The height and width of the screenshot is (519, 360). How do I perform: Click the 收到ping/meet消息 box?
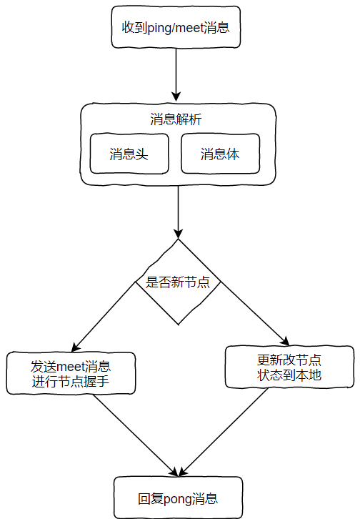pyautogui.click(x=176, y=27)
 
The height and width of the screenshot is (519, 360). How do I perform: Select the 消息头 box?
pyautogui.click(x=129, y=154)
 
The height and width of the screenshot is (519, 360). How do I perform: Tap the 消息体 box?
pyautogui.click(x=220, y=154)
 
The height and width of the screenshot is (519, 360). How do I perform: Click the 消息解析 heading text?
pyautogui.click(x=176, y=119)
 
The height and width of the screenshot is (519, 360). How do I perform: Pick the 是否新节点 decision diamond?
pyautogui.click(x=178, y=282)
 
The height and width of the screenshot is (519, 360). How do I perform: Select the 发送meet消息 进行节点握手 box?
pyautogui.click(x=71, y=373)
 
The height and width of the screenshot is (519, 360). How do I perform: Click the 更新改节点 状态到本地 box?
pyautogui.click(x=289, y=367)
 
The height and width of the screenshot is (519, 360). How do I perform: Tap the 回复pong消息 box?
pyautogui.click(x=178, y=498)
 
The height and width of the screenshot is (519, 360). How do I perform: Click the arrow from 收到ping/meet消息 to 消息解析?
pyautogui.click(x=176, y=75)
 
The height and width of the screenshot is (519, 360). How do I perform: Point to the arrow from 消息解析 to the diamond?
pyautogui.click(x=178, y=212)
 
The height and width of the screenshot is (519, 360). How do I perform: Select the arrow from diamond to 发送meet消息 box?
pyautogui.click(x=104, y=317)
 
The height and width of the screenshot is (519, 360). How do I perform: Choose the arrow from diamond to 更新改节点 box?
pyautogui.click(x=255, y=314)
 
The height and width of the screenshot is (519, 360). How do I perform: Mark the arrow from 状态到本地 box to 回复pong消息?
pyautogui.click(x=223, y=432)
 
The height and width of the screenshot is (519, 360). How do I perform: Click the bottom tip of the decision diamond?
pyautogui.click(x=179, y=325)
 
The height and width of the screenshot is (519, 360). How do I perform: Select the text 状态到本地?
pyautogui.click(x=289, y=375)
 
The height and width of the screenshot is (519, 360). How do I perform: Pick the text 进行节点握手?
pyautogui.click(x=71, y=381)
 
